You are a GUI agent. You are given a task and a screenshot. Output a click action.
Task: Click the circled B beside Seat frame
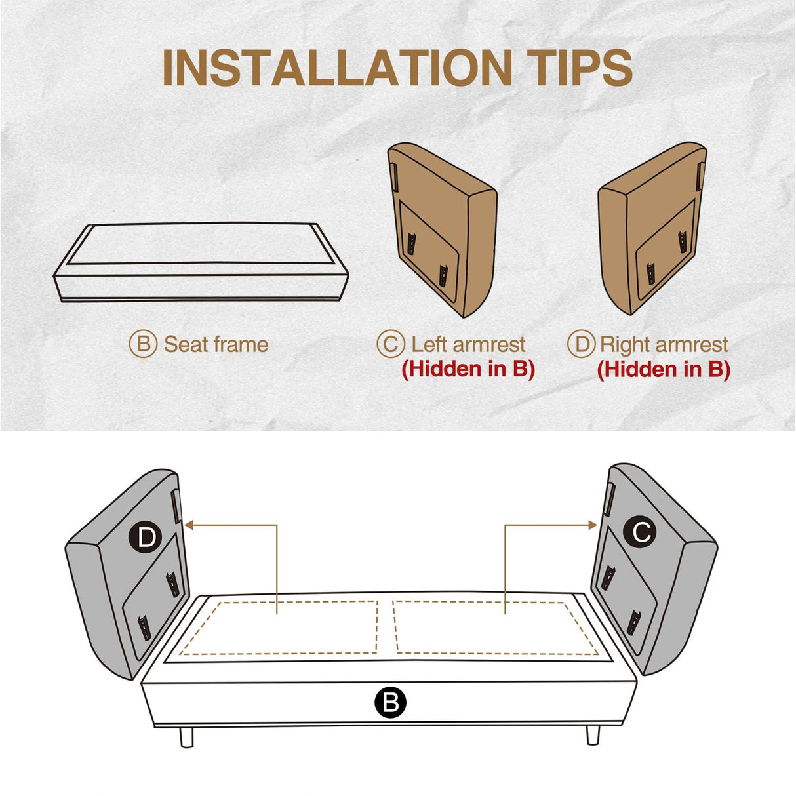(143, 344)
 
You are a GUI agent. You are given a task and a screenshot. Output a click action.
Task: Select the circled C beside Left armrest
(390, 344)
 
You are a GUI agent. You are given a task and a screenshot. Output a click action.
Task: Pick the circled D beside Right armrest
(581, 344)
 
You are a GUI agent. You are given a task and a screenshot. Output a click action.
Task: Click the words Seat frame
(216, 344)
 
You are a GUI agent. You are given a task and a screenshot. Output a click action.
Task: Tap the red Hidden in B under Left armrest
(468, 369)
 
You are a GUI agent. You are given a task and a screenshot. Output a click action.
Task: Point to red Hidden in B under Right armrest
(664, 369)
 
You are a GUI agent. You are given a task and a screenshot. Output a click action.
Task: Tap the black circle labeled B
(390, 702)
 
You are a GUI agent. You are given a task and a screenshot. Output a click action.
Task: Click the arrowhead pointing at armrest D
(189, 525)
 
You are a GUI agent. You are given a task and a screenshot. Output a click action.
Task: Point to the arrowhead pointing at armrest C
(592, 525)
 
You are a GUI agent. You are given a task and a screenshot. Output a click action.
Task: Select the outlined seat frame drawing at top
(201, 263)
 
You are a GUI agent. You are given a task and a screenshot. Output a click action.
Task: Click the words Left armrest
(468, 344)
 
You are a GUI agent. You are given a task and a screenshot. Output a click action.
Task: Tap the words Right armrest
(664, 345)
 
